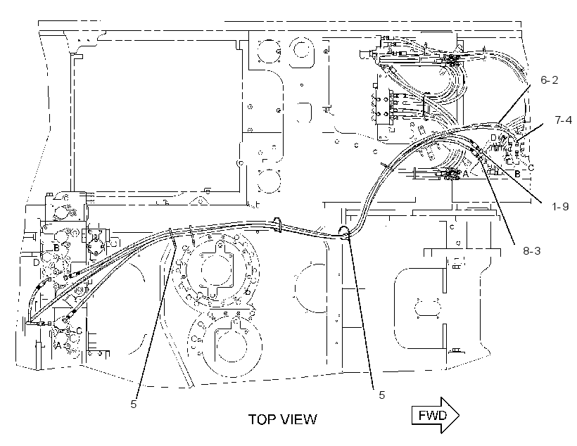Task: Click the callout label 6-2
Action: click(x=549, y=80)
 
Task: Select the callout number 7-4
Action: click(x=564, y=120)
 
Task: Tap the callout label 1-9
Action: click(x=560, y=207)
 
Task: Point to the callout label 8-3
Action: click(x=532, y=251)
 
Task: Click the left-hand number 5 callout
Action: click(x=133, y=404)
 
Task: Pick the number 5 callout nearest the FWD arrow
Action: click(x=381, y=395)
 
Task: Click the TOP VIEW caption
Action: click(x=283, y=419)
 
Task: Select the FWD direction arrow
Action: click(x=436, y=415)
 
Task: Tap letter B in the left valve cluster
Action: click(x=56, y=248)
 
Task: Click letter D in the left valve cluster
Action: click(x=36, y=262)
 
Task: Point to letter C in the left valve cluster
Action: click(x=79, y=331)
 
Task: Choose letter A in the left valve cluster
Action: click(x=58, y=345)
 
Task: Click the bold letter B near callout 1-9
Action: click(x=517, y=174)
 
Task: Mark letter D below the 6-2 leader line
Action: click(x=493, y=138)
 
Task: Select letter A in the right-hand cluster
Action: click(x=466, y=174)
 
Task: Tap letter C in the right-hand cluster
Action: click(x=531, y=168)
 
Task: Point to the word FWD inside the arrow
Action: click(x=432, y=416)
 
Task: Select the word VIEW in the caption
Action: click(x=299, y=419)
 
